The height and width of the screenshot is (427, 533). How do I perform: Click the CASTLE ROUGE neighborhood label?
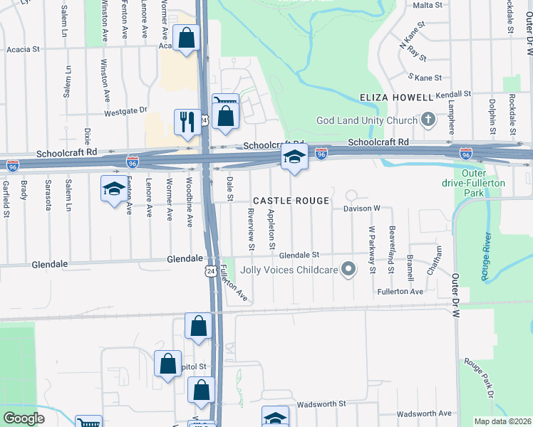click(x=290, y=201)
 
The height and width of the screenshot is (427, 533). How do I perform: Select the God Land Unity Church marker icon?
click(x=428, y=120)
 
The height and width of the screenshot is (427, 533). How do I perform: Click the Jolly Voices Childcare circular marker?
click(x=348, y=269)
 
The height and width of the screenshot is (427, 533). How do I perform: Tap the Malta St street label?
click(x=428, y=5)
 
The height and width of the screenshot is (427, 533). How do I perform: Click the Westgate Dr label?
click(x=125, y=111)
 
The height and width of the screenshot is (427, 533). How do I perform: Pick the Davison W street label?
click(x=363, y=209)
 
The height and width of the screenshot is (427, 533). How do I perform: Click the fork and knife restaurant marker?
click(x=186, y=121)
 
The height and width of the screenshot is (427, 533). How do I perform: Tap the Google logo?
click(x=24, y=418)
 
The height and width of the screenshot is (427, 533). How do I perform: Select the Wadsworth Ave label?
click(x=425, y=413)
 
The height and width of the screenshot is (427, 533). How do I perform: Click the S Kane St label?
click(x=425, y=77)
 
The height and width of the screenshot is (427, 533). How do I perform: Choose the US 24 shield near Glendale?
click(x=209, y=271)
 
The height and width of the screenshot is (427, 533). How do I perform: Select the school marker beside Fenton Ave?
click(x=113, y=189)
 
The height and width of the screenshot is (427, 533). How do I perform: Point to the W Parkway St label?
click(x=372, y=250)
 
